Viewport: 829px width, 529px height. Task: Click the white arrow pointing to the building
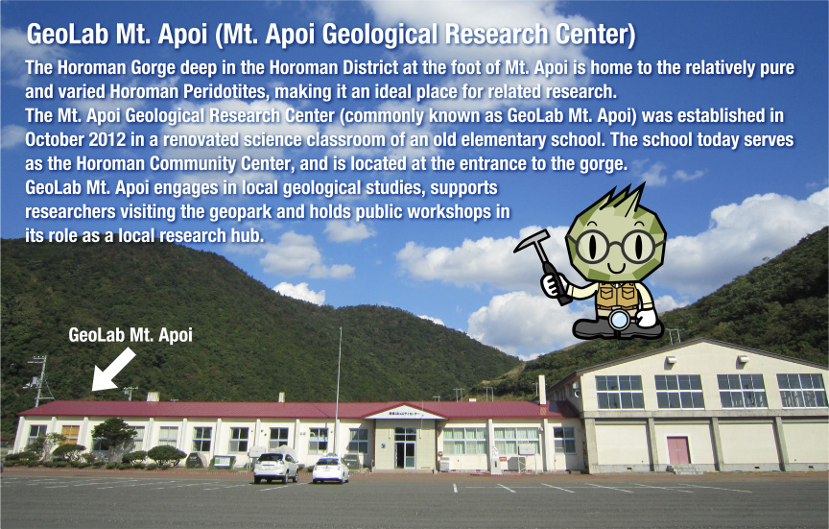coord(114,370)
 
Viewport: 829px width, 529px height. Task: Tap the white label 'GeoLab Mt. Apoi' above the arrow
coord(130,335)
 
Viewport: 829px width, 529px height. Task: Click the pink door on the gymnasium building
coord(678,450)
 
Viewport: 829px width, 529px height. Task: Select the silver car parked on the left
coord(276,467)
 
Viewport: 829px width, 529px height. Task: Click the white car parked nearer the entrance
coord(331,469)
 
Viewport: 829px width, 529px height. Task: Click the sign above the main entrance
coord(404,414)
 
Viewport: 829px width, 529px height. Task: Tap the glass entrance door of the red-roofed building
coord(406,450)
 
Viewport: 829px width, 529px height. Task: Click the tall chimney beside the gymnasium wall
coord(542,389)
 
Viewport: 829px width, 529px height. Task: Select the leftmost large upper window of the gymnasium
coord(619,392)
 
